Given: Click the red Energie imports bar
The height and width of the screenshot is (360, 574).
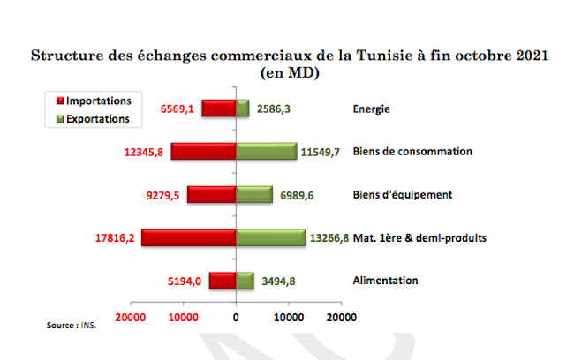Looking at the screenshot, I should (x=218, y=109).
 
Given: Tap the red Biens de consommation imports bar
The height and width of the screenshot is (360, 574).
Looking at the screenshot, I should (x=203, y=152).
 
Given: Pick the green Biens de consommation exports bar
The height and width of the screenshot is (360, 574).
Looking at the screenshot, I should (x=266, y=152).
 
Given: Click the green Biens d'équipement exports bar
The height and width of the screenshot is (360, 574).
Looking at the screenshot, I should (x=254, y=194).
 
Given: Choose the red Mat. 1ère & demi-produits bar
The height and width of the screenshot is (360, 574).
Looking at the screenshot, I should (x=188, y=237).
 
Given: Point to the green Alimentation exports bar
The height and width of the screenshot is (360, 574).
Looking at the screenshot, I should (x=245, y=281).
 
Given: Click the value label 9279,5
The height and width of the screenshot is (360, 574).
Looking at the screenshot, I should (x=163, y=195).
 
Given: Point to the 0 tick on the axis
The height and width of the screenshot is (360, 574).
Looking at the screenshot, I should (x=236, y=316).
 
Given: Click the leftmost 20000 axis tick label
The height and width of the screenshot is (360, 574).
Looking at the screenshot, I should (x=131, y=316).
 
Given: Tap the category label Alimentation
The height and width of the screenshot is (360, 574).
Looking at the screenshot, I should (x=385, y=281).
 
